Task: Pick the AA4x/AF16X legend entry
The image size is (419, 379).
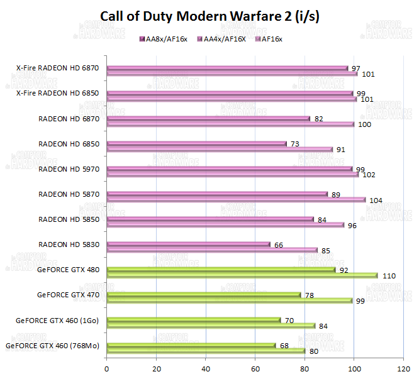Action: point(221,39)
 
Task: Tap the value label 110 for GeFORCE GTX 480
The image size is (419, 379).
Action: point(389,276)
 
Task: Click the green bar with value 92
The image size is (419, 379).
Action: point(221,270)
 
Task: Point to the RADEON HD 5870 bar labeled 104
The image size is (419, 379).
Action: point(235,199)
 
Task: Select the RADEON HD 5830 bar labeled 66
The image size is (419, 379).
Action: point(188,244)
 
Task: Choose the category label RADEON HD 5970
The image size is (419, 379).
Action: point(69,168)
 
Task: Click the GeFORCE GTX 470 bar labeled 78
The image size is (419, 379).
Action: point(203,295)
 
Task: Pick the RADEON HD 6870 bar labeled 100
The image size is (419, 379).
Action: point(230,124)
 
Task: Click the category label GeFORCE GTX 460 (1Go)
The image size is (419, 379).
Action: point(60,320)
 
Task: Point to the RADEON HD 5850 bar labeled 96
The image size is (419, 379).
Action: point(225,224)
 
